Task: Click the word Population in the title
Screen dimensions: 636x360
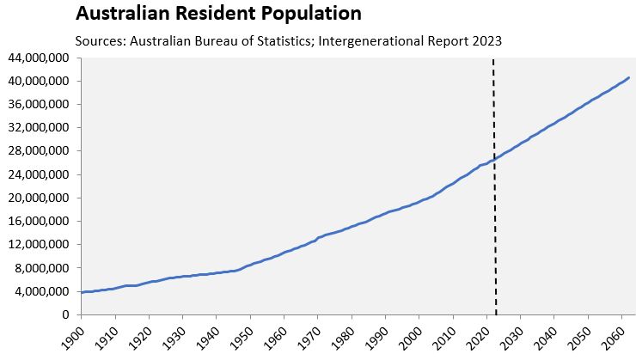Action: tap(311, 14)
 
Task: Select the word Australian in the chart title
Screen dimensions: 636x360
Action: tap(122, 13)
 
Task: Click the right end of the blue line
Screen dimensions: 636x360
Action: tap(628, 77)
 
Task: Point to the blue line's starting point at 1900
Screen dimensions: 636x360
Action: tap(82, 292)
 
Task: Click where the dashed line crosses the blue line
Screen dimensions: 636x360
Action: tap(494, 159)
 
